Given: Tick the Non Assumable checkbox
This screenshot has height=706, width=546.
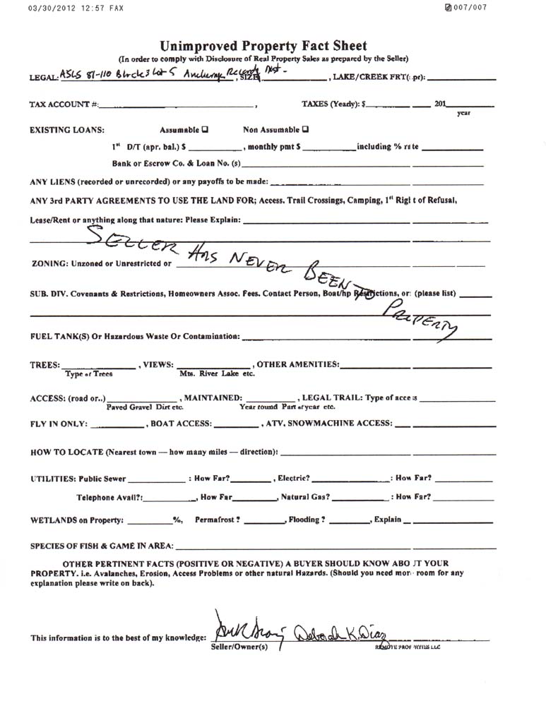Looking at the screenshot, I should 305,130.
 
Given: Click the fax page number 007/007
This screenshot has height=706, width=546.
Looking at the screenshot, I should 470,8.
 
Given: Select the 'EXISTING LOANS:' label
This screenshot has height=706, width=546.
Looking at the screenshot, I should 67,131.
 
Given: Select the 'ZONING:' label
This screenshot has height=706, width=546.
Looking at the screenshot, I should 49,264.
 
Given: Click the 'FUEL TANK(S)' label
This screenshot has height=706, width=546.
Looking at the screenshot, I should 61,337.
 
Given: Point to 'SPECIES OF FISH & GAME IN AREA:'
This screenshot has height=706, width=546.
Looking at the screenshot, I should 102,546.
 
